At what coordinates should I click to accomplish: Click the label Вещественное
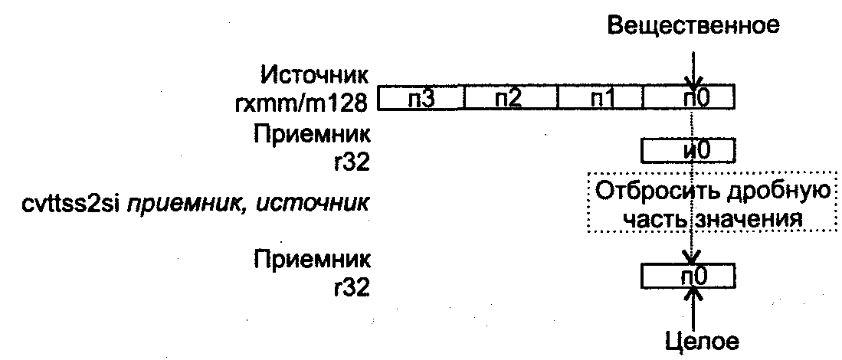point(693,25)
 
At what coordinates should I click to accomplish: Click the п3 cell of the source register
point(421,100)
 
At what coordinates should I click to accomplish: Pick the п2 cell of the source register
point(511,100)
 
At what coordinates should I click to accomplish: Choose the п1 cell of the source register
point(601,100)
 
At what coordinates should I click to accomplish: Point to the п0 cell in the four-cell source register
point(690,100)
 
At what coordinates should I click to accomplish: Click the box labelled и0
point(687,150)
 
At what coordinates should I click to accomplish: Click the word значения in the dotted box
point(752,219)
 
